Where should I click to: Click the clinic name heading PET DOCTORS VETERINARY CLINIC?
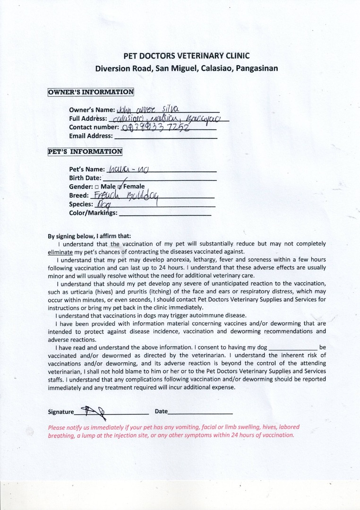187,56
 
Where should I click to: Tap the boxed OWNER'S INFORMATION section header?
91,92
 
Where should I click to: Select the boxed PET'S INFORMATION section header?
85,152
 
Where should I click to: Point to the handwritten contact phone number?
155,127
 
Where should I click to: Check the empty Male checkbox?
103,187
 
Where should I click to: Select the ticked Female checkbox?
120,187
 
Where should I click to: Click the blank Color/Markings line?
165,214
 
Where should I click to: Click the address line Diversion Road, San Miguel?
187,68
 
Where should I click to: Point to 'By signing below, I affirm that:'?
89,236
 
